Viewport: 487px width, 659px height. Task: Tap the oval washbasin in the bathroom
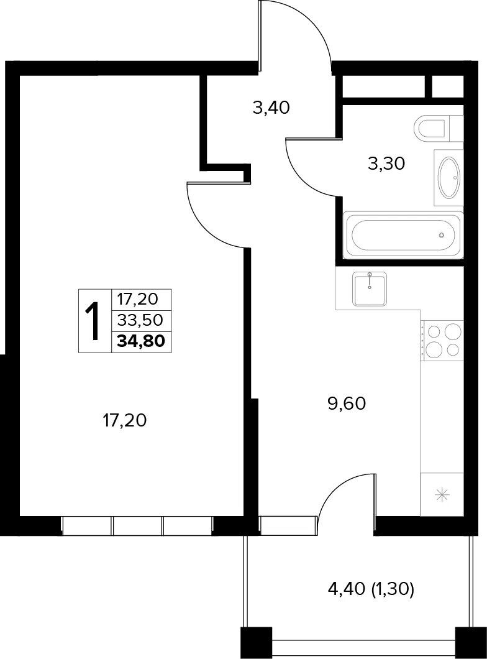tap(448, 177)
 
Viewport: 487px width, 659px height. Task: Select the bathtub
tap(403, 235)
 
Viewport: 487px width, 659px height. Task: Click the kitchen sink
tap(370, 288)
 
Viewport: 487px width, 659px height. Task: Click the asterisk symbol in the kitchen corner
tap(442, 494)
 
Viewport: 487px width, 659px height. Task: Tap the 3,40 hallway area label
tap(271, 108)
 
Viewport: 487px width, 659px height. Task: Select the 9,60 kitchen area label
tap(347, 403)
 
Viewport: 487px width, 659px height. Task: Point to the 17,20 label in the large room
tap(125, 420)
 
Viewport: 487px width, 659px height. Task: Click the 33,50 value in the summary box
tap(140, 320)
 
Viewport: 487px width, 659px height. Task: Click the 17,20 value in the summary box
tap(138, 299)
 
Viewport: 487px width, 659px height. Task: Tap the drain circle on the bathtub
tap(441, 235)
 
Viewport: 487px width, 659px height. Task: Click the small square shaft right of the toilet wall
tap(448, 87)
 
